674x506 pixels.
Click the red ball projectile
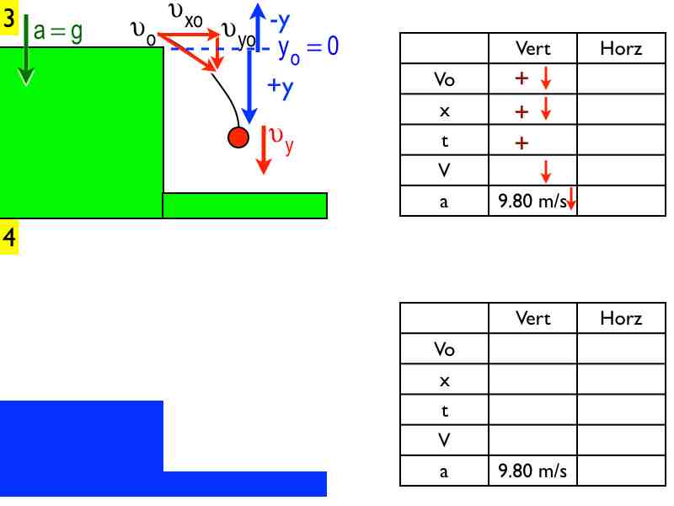[x=238, y=137]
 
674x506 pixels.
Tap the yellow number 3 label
[x=9, y=20]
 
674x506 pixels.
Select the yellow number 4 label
[x=9, y=238]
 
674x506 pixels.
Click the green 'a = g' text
[x=58, y=32]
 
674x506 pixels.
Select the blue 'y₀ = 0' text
[x=308, y=48]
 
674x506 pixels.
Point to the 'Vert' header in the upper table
[x=532, y=49]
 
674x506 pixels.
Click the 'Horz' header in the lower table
[x=621, y=318]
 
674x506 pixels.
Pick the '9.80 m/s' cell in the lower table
[x=532, y=471]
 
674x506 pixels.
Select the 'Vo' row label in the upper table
[x=444, y=79]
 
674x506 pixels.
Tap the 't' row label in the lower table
[x=444, y=410]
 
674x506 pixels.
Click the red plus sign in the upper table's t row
[x=522, y=142]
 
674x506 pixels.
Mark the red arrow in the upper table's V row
[x=545, y=171]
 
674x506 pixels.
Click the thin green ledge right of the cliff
[x=244, y=205]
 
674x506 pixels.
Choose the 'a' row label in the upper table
[x=444, y=202]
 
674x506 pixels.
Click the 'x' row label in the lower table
[x=444, y=379]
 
